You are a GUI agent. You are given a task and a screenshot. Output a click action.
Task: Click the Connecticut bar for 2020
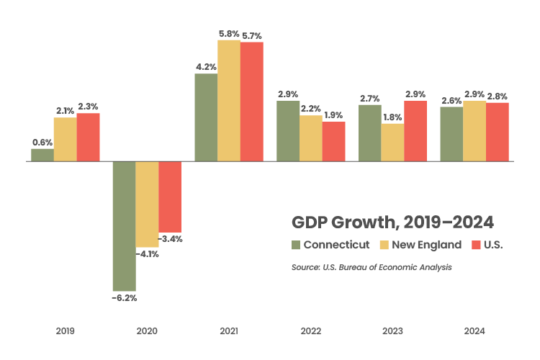124,225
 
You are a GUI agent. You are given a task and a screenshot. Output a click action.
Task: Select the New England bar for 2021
229,101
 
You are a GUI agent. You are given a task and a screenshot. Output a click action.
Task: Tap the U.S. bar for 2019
88,138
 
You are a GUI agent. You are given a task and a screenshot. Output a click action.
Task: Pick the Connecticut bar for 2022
288,131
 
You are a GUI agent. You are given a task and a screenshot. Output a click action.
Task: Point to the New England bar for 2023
392,143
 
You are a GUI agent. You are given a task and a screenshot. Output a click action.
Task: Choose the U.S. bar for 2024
498,132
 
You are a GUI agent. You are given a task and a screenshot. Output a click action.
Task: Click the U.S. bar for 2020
170,197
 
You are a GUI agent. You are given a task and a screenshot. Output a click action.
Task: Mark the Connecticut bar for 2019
42,155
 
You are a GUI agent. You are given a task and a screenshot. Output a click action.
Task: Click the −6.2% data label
124,297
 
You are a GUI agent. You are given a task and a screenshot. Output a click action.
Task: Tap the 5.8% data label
229,33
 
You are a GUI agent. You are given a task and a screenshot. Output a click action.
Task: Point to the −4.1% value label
147,254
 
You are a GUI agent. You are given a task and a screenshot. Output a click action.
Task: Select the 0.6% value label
42,142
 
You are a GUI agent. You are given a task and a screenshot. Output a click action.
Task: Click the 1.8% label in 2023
392,117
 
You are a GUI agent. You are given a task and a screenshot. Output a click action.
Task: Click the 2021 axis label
229,331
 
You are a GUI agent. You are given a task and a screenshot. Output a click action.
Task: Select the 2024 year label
474,331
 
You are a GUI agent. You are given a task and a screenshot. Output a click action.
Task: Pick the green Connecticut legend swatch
295,245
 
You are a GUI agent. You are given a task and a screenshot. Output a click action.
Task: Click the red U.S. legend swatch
474,245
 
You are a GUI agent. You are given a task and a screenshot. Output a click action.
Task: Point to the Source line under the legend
371,267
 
